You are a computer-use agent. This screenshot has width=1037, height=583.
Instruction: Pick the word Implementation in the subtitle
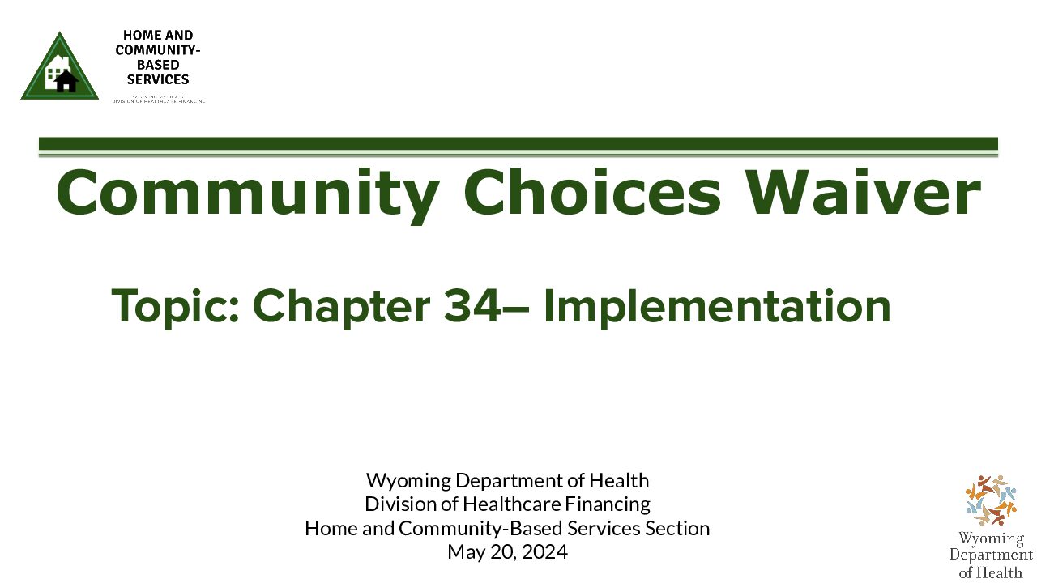click(x=716, y=306)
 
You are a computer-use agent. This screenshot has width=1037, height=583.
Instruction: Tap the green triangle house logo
click(x=60, y=69)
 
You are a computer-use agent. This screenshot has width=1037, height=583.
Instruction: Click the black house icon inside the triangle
click(x=66, y=80)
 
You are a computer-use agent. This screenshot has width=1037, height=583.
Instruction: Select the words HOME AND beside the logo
click(x=158, y=36)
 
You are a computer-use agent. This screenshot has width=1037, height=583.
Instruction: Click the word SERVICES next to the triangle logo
click(x=158, y=79)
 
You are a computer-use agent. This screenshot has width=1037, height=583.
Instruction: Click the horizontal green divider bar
click(x=518, y=144)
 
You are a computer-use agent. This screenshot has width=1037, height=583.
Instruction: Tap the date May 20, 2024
click(x=507, y=552)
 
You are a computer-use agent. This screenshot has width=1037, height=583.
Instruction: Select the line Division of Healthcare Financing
click(x=507, y=504)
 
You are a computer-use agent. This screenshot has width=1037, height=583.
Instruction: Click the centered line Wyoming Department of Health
click(x=507, y=480)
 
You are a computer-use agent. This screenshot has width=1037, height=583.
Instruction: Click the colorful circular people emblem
click(x=990, y=500)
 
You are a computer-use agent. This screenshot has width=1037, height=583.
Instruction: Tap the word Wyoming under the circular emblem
click(x=990, y=538)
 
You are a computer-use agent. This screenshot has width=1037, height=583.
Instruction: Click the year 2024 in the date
click(x=545, y=552)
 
